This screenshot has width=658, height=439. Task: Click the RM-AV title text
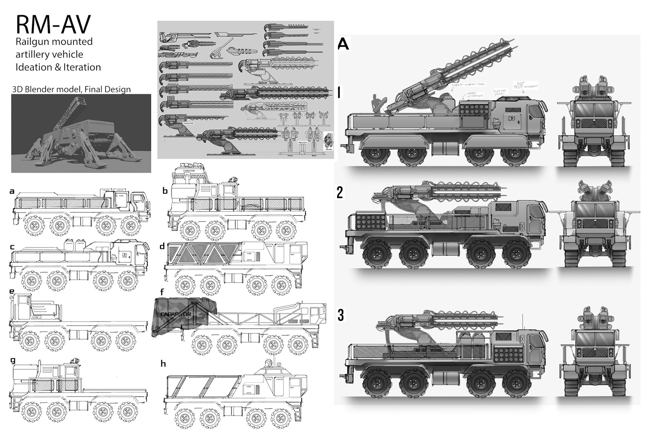[53, 25]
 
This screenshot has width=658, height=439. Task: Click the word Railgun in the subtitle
[31, 42]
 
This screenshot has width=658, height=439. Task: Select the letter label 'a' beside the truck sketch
[12, 191]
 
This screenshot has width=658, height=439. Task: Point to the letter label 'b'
[165, 191]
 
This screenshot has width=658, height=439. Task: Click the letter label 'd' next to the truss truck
[162, 246]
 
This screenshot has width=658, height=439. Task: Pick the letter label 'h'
[163, 364]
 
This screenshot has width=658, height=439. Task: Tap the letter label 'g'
[13, 360]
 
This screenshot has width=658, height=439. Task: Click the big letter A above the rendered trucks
[343, 44]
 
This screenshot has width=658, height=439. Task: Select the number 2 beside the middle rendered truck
[339, 192]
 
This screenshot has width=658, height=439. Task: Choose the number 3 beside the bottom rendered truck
[340, 316]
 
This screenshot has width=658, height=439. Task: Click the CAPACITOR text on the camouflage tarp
[176, 314]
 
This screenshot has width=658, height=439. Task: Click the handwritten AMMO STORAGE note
[475, 94]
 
